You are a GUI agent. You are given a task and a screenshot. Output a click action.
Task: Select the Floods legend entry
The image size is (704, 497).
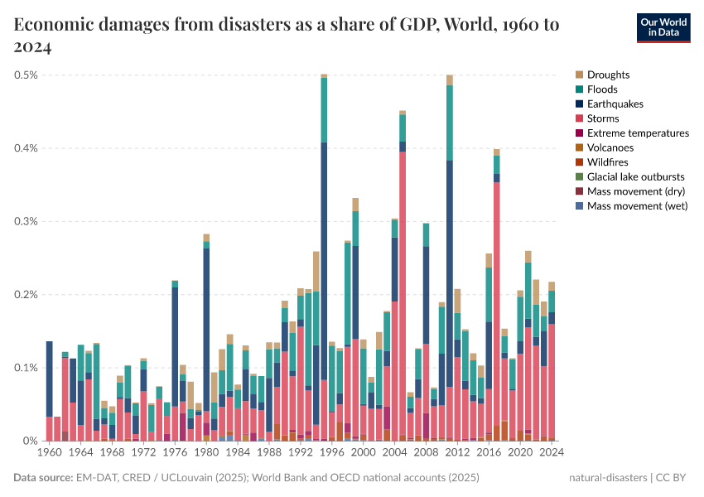click(x=602, y=89)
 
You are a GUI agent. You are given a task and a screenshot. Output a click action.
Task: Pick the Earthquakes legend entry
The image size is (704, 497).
click(x=615, y=104)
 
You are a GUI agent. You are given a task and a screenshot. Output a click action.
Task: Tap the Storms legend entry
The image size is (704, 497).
click(x=603, y=118)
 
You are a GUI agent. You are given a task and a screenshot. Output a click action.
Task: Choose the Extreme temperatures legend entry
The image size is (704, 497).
click(x=638, y=133)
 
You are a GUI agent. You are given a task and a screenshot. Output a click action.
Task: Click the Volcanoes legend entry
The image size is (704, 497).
click(x=610, y=147)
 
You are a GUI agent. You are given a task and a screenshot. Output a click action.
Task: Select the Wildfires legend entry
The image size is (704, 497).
click(x=608, y=162)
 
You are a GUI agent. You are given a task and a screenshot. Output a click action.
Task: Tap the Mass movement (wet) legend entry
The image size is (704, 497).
click(x=637, y=206)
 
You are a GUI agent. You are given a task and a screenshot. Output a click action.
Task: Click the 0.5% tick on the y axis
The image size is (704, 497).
click(x=27, y=75)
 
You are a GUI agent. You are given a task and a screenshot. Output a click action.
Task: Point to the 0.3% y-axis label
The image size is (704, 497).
click(x=27, y=222)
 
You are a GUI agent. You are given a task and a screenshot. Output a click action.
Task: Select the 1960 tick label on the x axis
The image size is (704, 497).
click(x=49, y=454)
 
